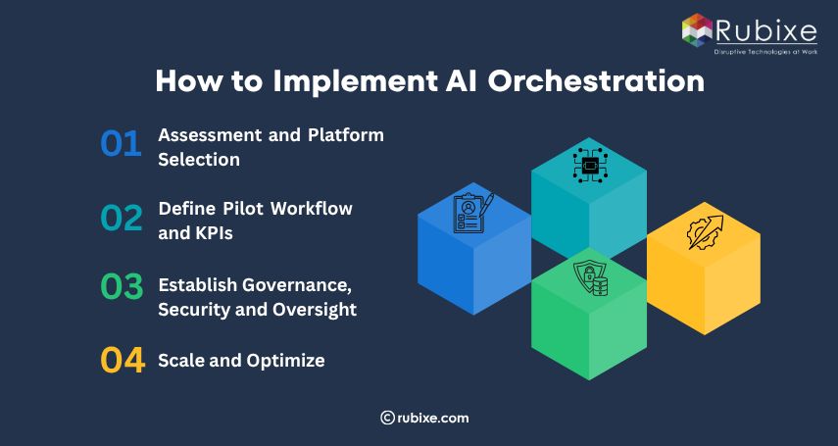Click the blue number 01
tap(122, 144)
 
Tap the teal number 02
tap(122, 218)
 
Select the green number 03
tap(122, 287)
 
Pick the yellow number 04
tap(123, 360)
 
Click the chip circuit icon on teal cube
tap(588, 166)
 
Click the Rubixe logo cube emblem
tap(697, 28)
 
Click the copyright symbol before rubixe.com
tap(387, 418)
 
